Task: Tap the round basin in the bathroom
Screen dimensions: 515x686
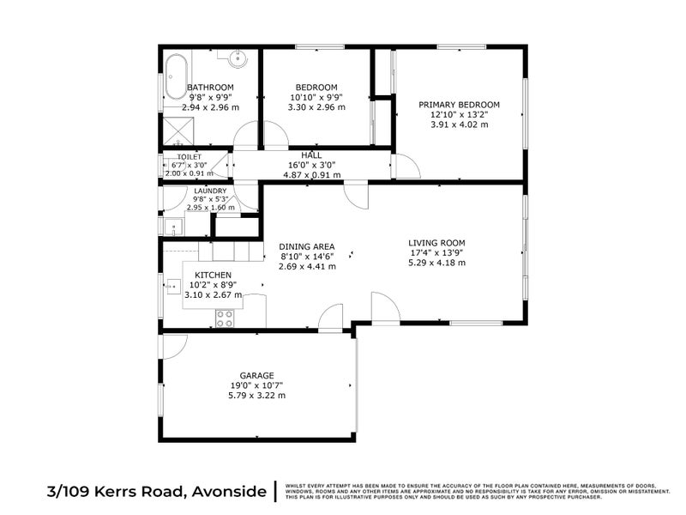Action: [x=238, y=59]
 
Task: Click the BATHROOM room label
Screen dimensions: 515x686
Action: [x=210, y=88]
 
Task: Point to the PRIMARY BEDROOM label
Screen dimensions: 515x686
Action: [x=459, y=105]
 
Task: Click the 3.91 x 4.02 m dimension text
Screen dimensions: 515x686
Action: [x=459, y=124]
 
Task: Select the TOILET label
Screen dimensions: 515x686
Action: [x=189, y=157]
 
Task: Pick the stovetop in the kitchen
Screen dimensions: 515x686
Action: [x=225, y=318]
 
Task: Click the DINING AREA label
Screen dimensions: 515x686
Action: [x=306, y=246]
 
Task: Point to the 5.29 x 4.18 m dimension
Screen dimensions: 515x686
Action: [x=436, y=263]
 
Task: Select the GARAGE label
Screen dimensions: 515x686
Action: [x=256, y=375]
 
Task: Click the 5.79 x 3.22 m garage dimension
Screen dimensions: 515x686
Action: [x=256, y=396]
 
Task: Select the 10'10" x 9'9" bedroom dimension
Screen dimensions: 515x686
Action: [x=316, y=97]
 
